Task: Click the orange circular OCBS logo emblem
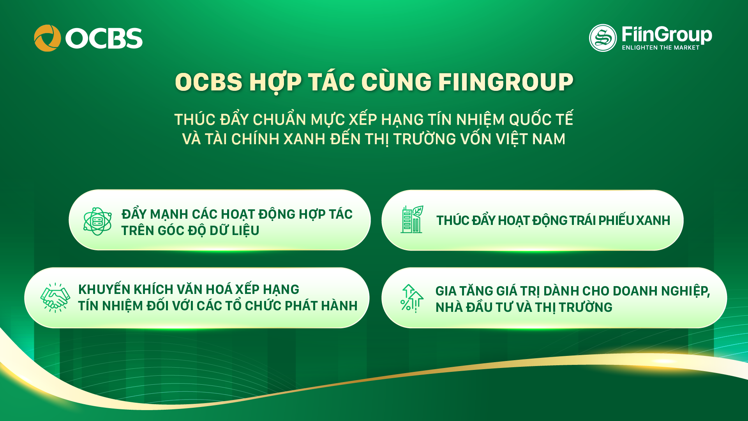click(x=48, y=38)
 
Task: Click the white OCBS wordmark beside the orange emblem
click(x=104, y=38)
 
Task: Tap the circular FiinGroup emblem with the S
click(x=603, y=38)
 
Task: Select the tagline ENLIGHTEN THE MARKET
click(x=660, y=48)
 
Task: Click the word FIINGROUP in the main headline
click(x=506, y=82)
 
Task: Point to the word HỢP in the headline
click(x=275, y=83)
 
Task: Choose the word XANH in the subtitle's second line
click(x=304, y=139)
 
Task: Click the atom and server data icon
click(x=97, y=221)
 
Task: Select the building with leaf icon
click(x=412, y=219)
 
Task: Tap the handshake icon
click(x=55, y=297)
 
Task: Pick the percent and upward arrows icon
click(x=412, y=298)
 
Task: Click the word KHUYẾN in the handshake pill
click(x=104, y=289)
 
